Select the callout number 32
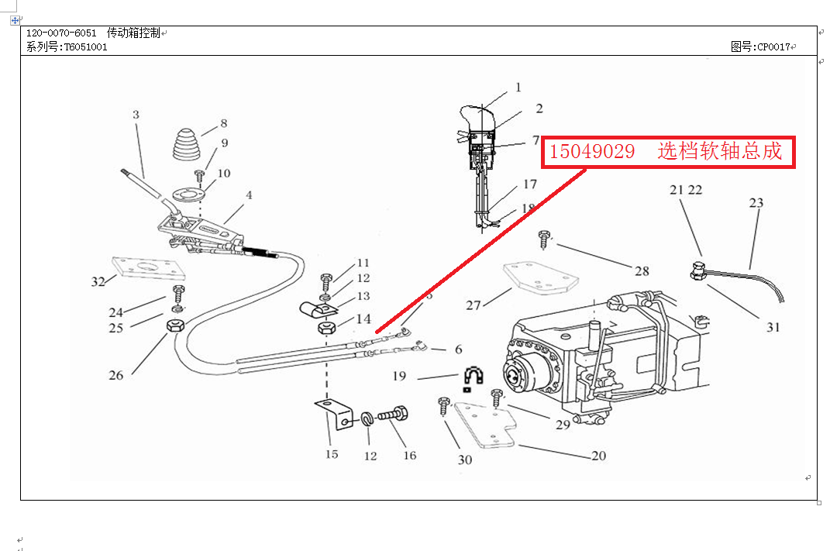[x=98, y=281]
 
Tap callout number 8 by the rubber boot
[x=223, y=123]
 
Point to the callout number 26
[x=115, y=376]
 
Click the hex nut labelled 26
[x=174, y=325]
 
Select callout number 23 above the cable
[x=756, y=203]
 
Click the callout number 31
[x=773, y=327]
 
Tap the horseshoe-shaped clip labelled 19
[x=472, y=377]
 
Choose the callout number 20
[x=598, y=456]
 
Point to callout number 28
[x=642, y=271]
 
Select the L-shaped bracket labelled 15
[x=332, y=415]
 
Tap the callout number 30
[x=464, y=460]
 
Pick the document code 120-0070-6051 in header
[x=61, y=33]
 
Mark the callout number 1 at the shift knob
[x=518, y=88]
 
